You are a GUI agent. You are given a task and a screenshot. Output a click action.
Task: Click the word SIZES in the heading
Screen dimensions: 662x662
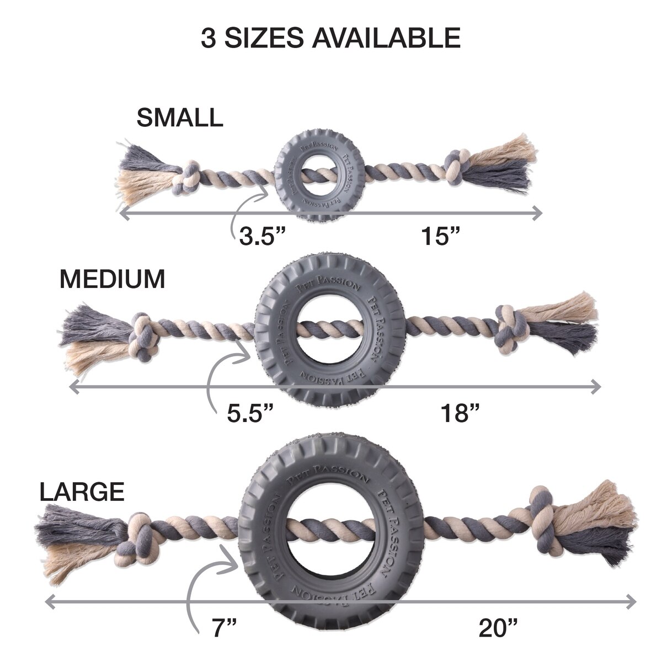[x=264, y=38]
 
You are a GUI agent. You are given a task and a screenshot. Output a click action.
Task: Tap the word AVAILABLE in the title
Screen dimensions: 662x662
[x=386, y=38]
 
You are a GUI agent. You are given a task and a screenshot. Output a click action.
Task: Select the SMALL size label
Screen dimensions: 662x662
[x=180, y=118]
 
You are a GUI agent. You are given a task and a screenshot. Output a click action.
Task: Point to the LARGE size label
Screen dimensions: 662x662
[x=82, y=492]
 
